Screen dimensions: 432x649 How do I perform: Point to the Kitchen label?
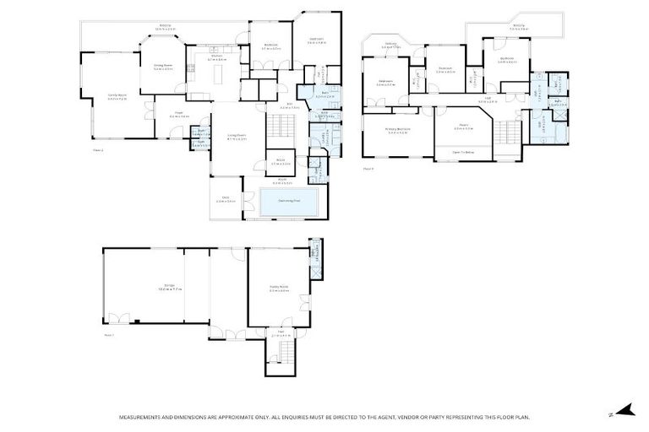pyautogui.click(x=217, y=57)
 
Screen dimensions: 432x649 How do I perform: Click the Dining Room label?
pyautogui.click(x=163, y=67)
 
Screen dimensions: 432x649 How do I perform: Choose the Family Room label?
pyautogui.click(x=117, y=97)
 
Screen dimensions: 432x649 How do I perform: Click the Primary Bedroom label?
pyautogui.click(x=397, y=130)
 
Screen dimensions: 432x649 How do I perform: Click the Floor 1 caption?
pyautogui.click(x=108, y=335)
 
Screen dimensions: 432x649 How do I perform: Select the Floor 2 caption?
pyautogui.click(x=98, y=150)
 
